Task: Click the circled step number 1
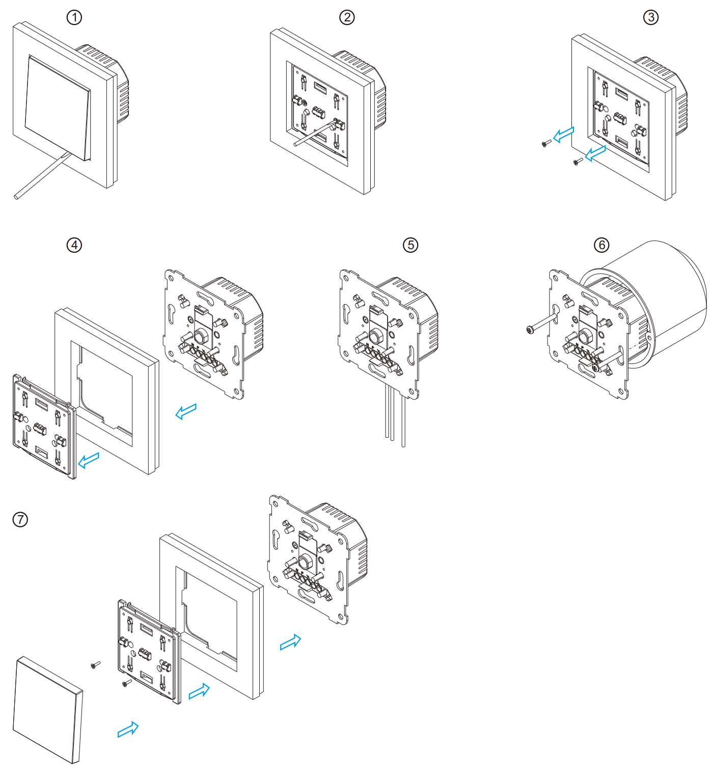pyautogui.click(x=74, y=17)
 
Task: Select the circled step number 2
pyautogui.click(x=346, y=17)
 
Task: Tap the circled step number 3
pyautogui.click(x=650, y=17)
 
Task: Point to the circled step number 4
pyautogui.click(x=74, y=245)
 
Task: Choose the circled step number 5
pyautogui.click(x=410, y=245)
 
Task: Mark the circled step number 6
pyautogui.click(x=601, y=245)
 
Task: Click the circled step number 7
pyautogui.click(x=20, y=519)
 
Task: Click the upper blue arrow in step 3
pyautogui.click(x=564, y=135)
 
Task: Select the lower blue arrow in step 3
pyautogui.click(x=595, y=153)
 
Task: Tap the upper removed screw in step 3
pyautogui.click(x=546, y=143)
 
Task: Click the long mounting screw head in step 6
pyautogui.click(x=530, y=330)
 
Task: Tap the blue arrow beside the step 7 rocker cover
pyautogui.click(x=128, y=729)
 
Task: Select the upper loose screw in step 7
pyautogui.click(x=95, y=665)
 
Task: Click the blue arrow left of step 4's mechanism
pyautogui.click(x=186, y=411)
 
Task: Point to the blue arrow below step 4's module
pyautogui.click(x=89, y=460)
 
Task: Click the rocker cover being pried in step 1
pyautogui.click(x=58, y=108)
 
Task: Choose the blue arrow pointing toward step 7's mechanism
pyautogui.click(x=290, y=642)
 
